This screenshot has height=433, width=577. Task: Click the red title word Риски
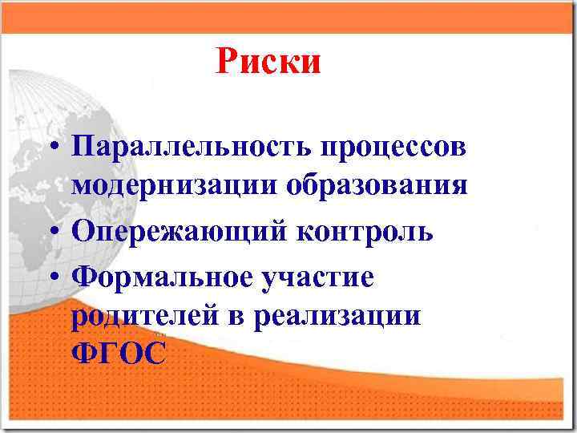click(268, 61)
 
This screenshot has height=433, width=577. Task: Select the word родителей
click(151, 315)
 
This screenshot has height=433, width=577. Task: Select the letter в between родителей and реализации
click(238, 316)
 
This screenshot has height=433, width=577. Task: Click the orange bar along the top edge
click(288, 16)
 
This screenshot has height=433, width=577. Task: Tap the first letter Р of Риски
click(226, 61)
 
